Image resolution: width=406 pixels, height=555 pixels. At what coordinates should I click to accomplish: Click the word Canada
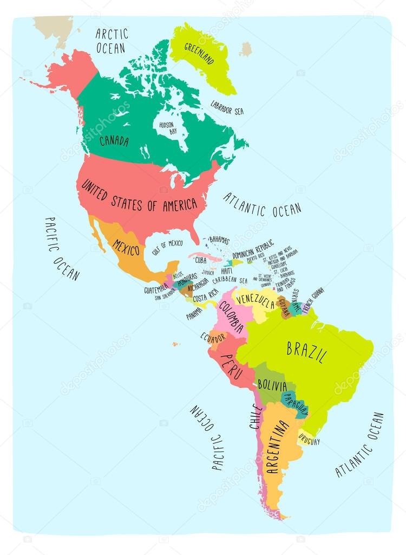click(114, 141)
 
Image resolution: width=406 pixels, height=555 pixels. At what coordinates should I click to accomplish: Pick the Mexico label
click(126, 248)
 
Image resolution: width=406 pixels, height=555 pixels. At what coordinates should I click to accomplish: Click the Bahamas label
click(219, 240)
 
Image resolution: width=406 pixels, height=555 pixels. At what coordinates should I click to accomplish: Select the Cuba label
click(201, 260)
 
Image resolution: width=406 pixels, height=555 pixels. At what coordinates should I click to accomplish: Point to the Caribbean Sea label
click(230, 281)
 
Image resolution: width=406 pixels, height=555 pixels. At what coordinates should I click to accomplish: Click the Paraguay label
click(296, 404)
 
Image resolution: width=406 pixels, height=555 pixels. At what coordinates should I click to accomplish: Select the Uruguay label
click(309, 441)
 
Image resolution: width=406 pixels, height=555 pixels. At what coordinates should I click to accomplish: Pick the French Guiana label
click(313, 300)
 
